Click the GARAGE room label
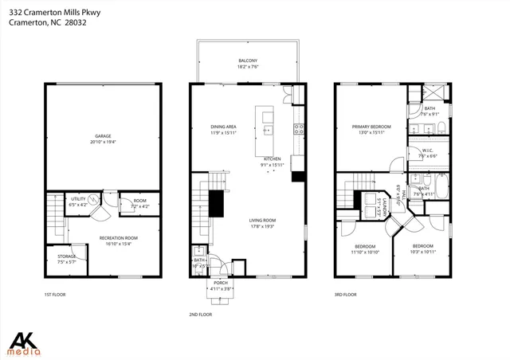103,136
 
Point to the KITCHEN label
273,158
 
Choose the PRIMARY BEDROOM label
372,127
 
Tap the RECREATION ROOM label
118,237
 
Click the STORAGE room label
66,256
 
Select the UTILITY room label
77,199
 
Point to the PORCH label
221,283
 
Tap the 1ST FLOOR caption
55,295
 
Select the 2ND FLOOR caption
200,314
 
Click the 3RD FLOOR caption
344,295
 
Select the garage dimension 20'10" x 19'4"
103,142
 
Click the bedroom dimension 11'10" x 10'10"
366,252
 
